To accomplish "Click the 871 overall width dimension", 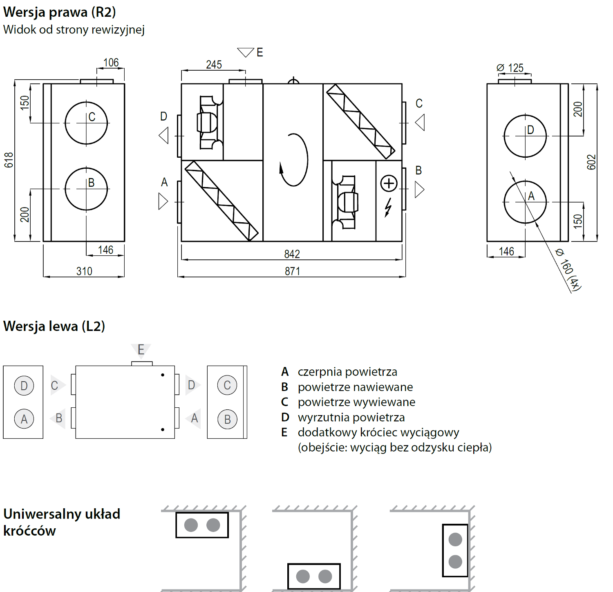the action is pos(292,271).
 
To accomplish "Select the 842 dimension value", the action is pos(292,254).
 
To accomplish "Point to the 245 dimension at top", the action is pos(214,65).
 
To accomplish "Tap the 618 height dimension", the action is pos(9,160).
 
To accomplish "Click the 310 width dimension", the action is pos(84,271).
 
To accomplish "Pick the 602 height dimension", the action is pos(591,162).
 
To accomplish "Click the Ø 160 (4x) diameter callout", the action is pos(568,269).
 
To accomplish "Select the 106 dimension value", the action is pos(111,63).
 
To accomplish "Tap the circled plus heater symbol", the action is pos(389,183).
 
